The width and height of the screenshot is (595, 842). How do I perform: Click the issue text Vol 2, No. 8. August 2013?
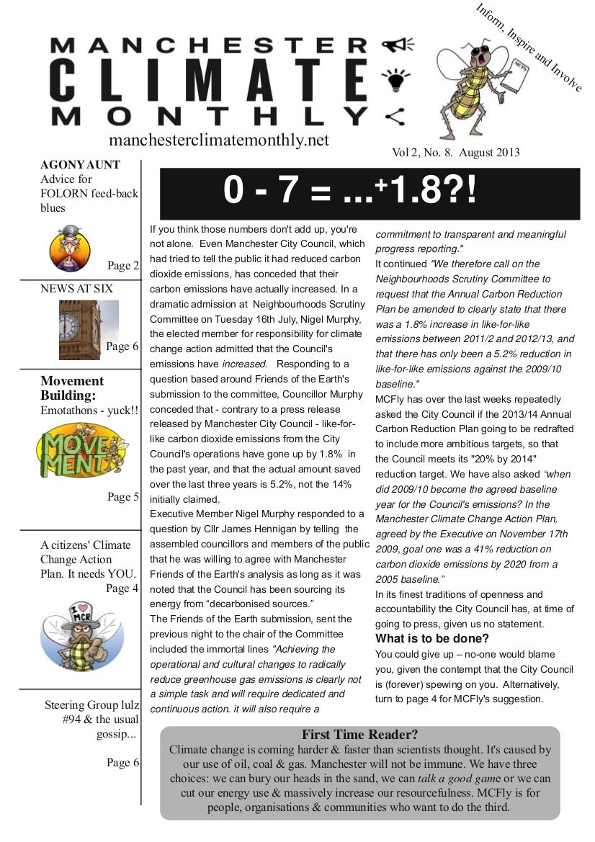[455, 153]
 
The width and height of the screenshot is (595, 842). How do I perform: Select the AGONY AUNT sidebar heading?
[80, 164]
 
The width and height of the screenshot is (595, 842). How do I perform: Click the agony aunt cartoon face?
[70, 248]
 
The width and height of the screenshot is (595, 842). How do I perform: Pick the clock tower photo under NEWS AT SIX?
[89, 329]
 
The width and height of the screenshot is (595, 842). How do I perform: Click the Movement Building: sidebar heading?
[72, 388]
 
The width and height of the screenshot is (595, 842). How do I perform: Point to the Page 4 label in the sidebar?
[122, 588]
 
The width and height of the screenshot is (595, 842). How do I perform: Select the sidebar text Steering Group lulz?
[90, 704]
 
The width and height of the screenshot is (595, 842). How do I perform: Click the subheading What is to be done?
[432, 638]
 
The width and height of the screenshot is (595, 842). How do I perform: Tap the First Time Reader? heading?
[359, 735]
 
